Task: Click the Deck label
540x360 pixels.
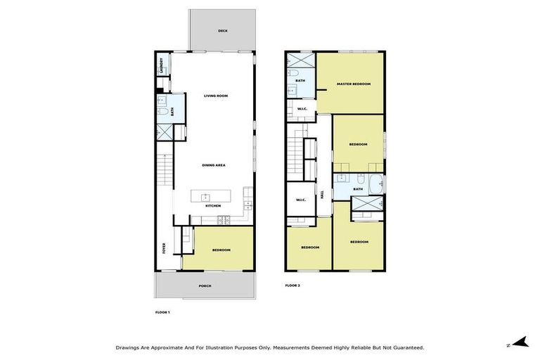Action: coord(222,31)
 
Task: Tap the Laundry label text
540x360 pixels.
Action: coord(161,65)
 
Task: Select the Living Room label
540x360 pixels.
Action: coord(216,96)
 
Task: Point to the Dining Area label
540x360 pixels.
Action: coord(213,165)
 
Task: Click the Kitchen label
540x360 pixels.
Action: coord(213,206)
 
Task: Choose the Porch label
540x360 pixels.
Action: coord(205,285)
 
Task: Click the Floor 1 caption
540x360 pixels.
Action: coord(162,311)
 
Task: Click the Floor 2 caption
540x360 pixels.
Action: coord(292,285)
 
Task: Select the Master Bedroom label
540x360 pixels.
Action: coord(353,84)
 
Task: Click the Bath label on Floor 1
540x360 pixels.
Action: coord(172,111)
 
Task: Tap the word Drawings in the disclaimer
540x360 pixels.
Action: coord(129,347)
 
